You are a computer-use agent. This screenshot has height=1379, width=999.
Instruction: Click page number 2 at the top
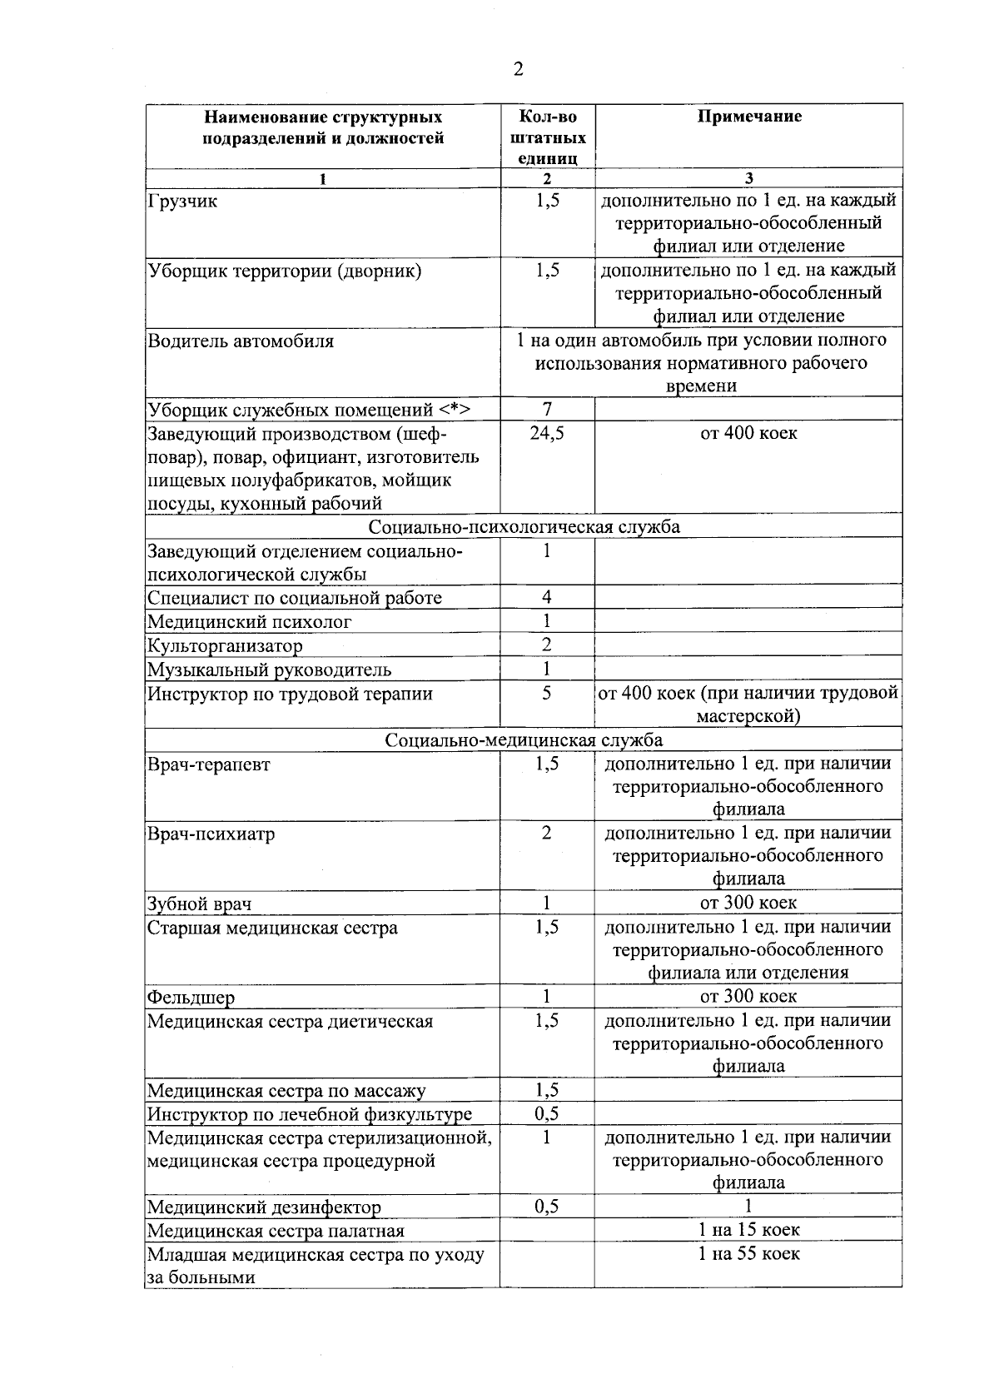click(x=518, y=70)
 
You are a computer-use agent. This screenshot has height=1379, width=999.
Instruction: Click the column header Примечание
click(x=748, y=117)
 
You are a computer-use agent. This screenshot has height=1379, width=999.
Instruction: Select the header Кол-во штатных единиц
click(x=547, y=137)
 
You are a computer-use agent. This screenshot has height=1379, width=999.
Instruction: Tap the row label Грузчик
click(x=182, y=202)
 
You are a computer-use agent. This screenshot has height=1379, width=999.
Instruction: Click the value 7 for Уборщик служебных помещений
click(x=547, y=408)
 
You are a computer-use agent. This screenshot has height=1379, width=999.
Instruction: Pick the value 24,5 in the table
click(x=547, y=433)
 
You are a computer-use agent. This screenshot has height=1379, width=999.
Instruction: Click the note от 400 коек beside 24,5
click(x=748, y=433)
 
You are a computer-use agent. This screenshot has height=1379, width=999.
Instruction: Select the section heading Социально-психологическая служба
click(x=524, y=526)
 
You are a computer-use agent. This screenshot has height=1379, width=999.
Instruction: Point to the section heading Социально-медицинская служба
click(x=524, y=740)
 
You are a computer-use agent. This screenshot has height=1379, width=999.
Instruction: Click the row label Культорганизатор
click(x=225, y=645)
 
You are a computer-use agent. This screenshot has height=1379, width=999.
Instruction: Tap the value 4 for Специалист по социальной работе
click(x=547, y=597)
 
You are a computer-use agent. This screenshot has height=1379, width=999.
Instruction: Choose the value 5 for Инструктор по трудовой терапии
click(x=547, y=693)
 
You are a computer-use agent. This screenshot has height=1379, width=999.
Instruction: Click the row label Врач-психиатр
click(x=211, y=834)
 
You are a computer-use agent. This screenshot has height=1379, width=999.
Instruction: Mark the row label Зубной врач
click(x=199, y=904)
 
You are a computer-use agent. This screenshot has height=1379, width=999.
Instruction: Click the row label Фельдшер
click(x=191, y=998)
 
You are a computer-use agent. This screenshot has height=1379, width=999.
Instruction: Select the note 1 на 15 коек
click(x=748, y=1230)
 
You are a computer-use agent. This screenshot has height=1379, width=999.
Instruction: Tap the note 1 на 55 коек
click(x=748, y=1253)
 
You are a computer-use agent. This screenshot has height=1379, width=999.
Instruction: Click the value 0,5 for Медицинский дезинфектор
click(x=547, y=1207)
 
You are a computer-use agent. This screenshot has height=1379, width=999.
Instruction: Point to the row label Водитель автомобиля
click(x=241, y=341)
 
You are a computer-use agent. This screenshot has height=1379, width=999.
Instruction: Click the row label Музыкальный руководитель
click(x=269, y=670)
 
